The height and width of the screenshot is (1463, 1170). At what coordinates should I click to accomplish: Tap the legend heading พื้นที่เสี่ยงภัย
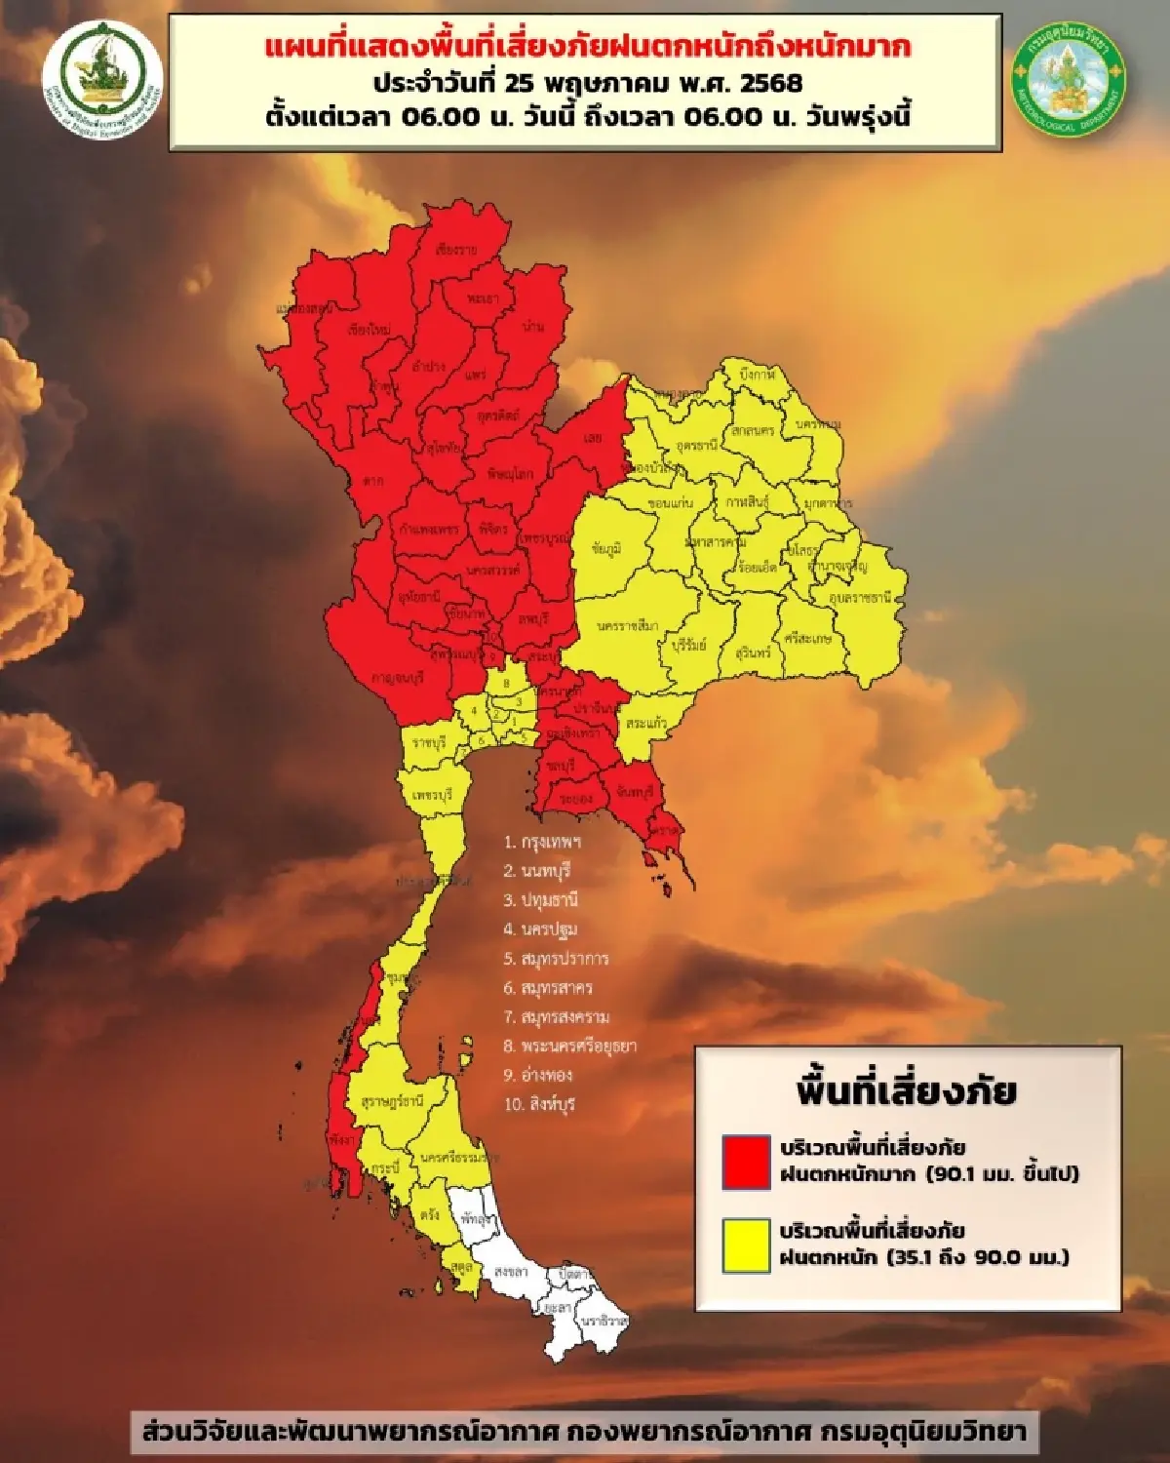tap(906, 1091)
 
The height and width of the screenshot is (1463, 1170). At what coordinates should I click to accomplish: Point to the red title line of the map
tap(586, 47)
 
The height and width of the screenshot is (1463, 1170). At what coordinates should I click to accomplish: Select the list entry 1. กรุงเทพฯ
tap(542, 841)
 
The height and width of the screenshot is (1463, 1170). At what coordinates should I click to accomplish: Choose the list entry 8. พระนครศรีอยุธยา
tap(570, 1046)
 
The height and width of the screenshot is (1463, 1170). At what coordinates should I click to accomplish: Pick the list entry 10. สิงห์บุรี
tap(540, 1104)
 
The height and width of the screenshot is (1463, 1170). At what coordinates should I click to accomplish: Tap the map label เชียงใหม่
tap(369, 330)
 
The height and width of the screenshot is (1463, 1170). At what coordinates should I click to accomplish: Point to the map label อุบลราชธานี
tap(860, 597)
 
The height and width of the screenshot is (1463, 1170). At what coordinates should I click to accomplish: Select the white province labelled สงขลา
tap(511, 1272)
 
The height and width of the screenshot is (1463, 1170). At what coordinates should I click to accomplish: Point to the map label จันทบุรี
tap(634, 793)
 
